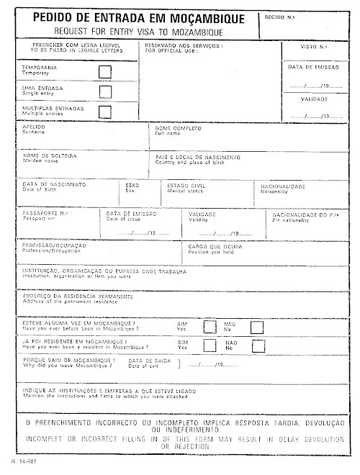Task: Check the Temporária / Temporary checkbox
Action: click(105, 71)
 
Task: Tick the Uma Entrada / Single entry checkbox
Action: click(105, 91)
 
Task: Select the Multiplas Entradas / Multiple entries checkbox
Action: click(105, 111)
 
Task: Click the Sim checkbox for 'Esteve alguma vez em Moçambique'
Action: click(210, 327)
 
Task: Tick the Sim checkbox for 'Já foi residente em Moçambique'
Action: click(210, 345)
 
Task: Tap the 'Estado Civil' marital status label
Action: click(176, 184)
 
